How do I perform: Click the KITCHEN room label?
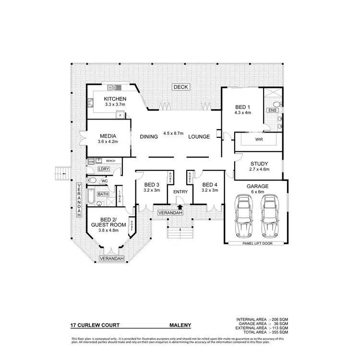(115, 99)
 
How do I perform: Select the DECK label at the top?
(181, 87)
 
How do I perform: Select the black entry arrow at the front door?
(180, 206)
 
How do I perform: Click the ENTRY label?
(180, 192)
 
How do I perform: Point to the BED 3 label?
(151, 185)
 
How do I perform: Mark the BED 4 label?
(210, 185)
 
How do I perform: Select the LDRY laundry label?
(103, 169)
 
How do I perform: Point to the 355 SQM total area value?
(279, 332)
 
